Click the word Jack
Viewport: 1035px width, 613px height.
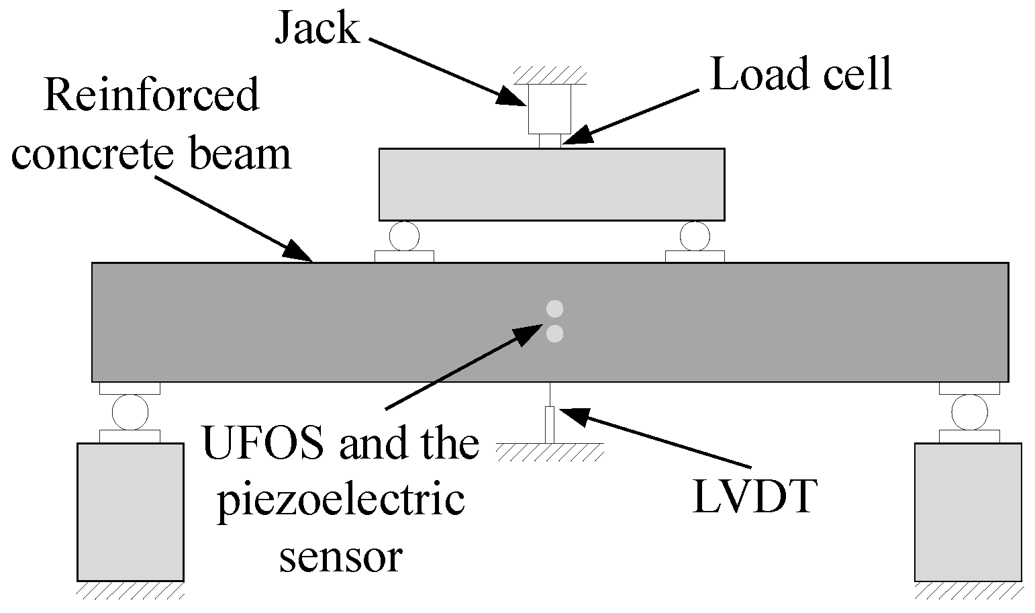(x=317, y=30)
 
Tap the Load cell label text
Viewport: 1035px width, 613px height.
(x=801, y=73)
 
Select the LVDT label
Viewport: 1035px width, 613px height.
(x=754, y=497)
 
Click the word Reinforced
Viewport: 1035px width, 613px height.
(x=151, y=95)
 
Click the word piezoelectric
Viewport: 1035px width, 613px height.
(x=340, y=501)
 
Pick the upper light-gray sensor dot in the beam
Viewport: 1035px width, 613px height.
(x=554, y=309)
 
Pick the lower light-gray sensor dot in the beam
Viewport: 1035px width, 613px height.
(x=554, y=334)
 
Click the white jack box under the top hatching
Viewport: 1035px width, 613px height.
(x=550, y=109)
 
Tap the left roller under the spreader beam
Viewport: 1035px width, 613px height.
(x=404, y=236)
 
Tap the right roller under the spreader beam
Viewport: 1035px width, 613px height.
(x=695, y=236)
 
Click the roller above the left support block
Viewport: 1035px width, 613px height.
(x=130, y=412)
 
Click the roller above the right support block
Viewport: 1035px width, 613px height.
(x=969, y=412)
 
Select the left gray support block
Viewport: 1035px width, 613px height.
(x=130, y=512)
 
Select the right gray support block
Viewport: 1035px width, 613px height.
(x=968, y=512)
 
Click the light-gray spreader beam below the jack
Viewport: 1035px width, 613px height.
(x=551, y=185)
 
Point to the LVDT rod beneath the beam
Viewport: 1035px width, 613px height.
(x=550, y=423)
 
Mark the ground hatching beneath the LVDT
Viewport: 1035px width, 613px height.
(x=550, y=453)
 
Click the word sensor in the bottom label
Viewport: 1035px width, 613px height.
(x=340, y=557)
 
